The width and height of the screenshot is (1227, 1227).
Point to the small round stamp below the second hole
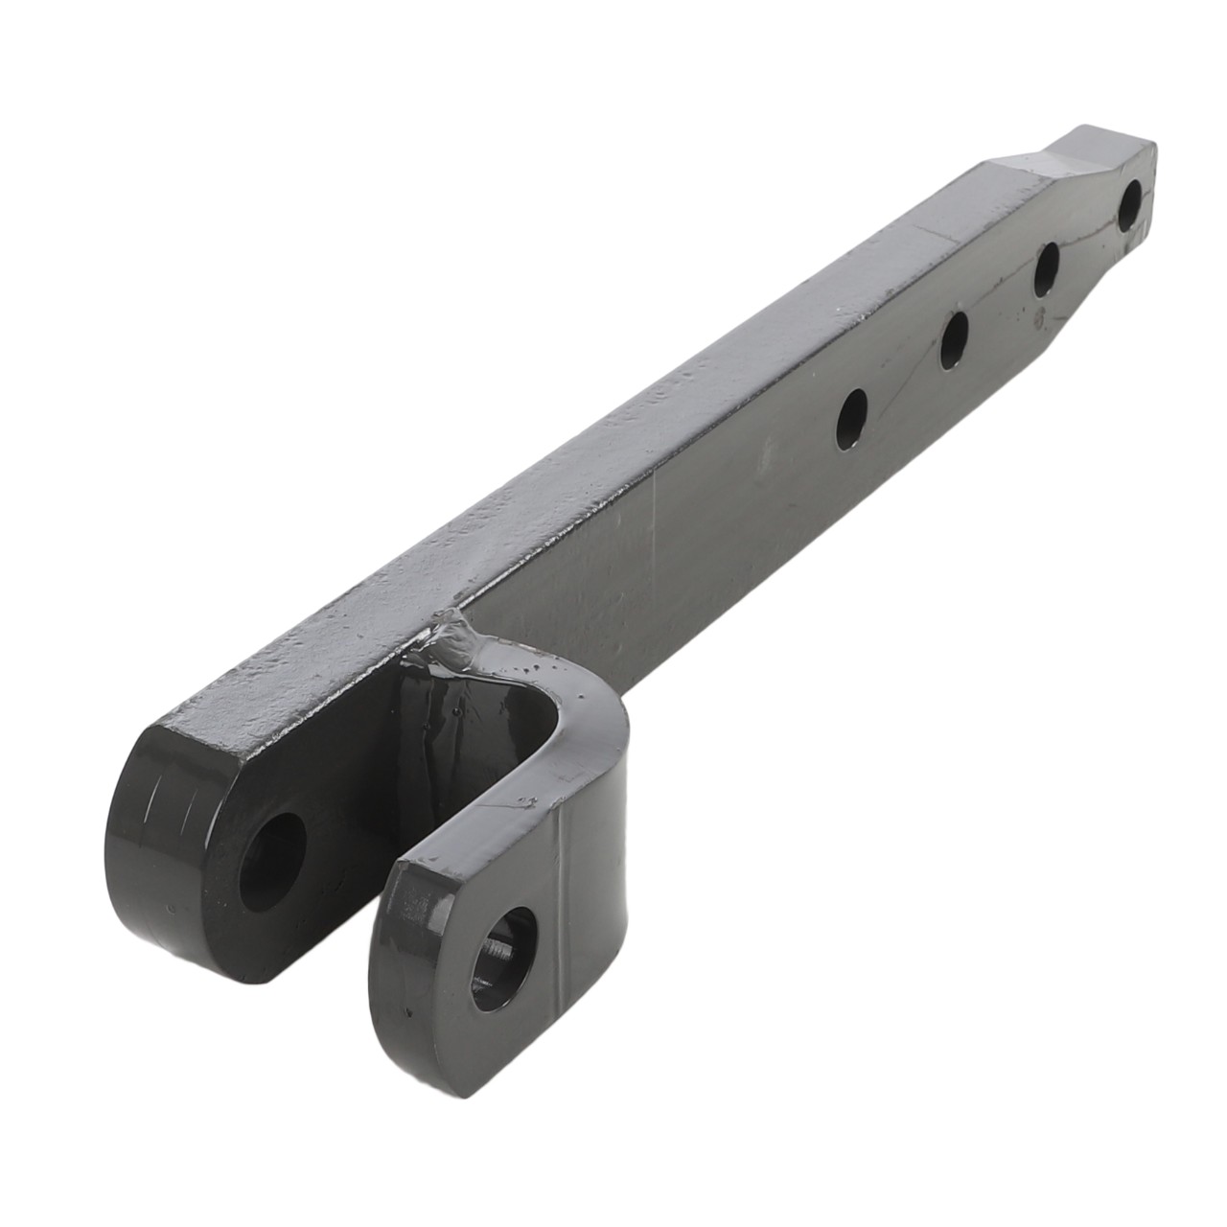1037,316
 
